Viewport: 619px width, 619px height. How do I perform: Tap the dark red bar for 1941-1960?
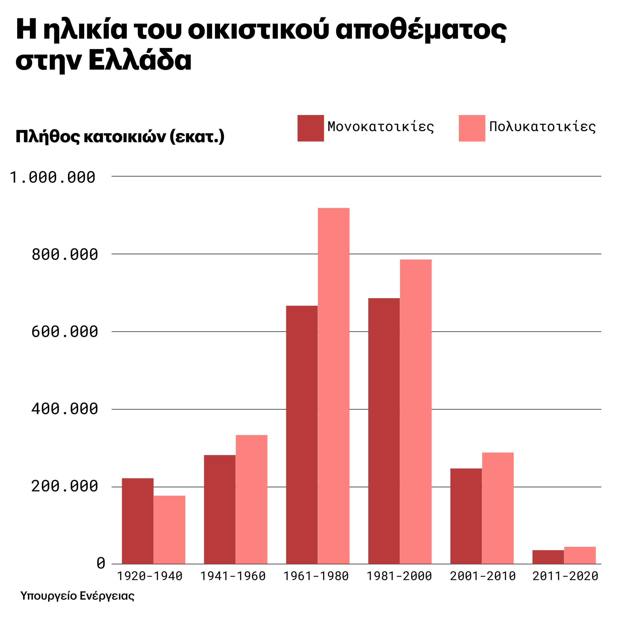220,509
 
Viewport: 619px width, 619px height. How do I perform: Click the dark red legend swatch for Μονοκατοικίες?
310,128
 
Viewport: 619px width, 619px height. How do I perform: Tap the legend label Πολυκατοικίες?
542,127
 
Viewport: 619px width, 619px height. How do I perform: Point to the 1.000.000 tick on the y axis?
53,177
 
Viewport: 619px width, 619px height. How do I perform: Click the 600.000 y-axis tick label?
64,332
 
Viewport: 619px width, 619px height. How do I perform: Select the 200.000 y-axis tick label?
64,486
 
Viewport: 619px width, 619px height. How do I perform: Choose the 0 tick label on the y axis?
101,563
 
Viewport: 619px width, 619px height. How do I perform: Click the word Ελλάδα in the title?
140,60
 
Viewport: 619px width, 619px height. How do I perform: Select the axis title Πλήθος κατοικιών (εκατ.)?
120,137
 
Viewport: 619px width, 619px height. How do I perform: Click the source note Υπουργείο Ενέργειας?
77,596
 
